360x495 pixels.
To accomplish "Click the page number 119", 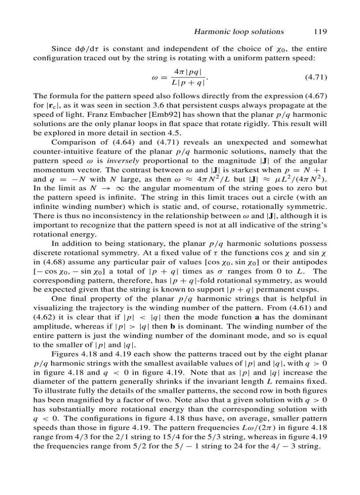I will (x=320, y=31).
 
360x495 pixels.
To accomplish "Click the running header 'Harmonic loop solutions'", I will (x=239, y=31).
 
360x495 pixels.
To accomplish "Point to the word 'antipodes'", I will (x=310, y=262).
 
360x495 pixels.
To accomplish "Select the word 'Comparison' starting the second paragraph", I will (x=72, y=142).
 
